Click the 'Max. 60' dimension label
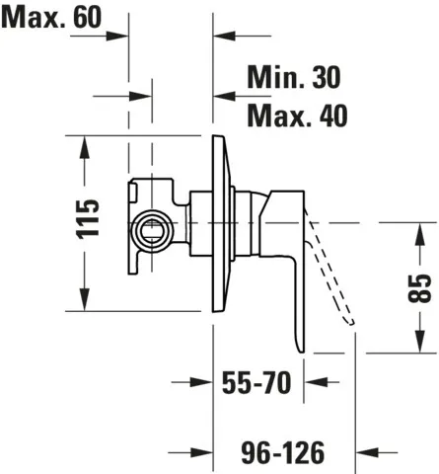(52, 17)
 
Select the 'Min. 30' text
(294, 77)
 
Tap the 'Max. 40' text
(297, 116)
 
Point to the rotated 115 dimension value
(88, 218)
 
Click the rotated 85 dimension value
(419, 288)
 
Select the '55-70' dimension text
(256, 382)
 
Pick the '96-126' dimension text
(283, 452)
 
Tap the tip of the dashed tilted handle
(352, 323)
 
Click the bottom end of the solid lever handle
(301, 352)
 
